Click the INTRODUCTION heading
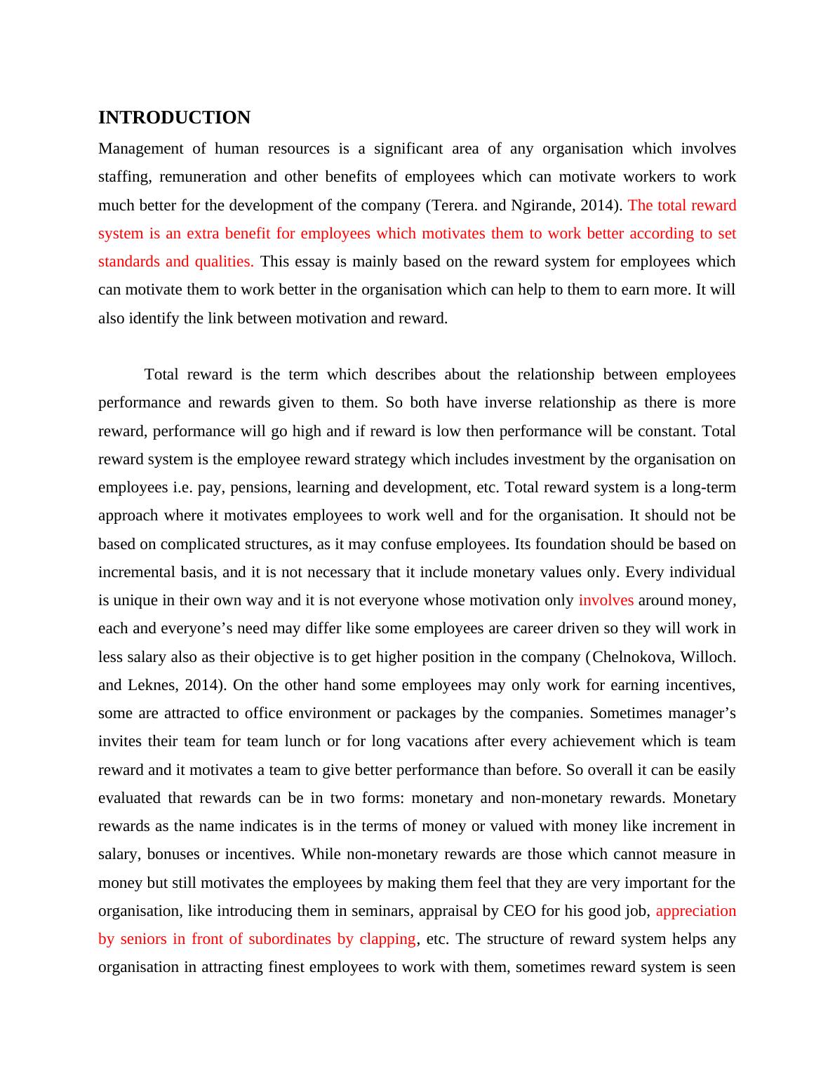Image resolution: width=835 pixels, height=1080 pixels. tap(174, 118)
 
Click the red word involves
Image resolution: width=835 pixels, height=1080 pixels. tap(606, 600)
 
